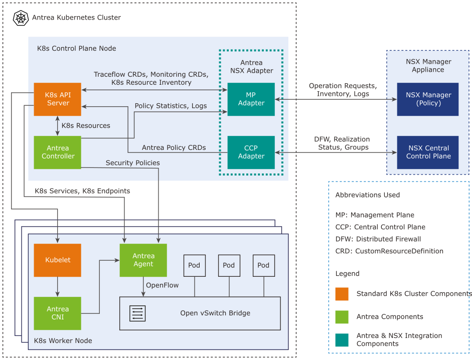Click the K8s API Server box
(x=57, y=99)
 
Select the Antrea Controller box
(x=57, y=152)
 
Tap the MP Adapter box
(x=251, y=99)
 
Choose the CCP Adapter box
(x=251, y=152)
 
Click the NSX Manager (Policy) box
(x=428, y=99)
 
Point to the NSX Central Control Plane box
(x=428, y=152)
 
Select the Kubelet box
(x=57, y=260)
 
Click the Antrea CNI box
(x=57, y=313)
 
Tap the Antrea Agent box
(x=143, y=260)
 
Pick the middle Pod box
(x=229, y=265)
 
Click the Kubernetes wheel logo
(x=21, y=18)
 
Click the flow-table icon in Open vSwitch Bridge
(x=137, y=313)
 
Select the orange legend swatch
(x=342, y=294)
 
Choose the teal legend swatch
(x=342, y=339)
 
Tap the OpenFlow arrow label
(x=162, y=285)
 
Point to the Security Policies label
(x=132, y=163)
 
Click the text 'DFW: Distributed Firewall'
(x=378, y=239)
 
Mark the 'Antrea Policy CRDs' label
(x=174, y=147)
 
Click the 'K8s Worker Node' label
(x=63, y=340)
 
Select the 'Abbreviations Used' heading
(x=367, y=195)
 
